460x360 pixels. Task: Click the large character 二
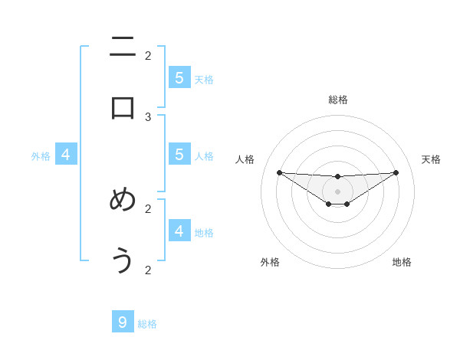[x=123, y=47]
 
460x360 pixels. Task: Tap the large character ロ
[x=123, y=108]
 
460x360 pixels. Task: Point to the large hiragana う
[x=123, y=260]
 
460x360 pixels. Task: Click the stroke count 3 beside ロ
[x=148, y=116]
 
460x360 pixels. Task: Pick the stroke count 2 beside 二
[x=148, y=55]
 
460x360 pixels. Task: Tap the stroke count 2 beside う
[x=148, y=270]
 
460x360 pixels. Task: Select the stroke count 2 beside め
[x=148, y=208]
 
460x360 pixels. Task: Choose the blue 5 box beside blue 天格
[x=179, y=77]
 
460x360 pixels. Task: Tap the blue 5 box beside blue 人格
[x=179, y=154]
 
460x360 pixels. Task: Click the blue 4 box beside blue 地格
[x=179, y=231]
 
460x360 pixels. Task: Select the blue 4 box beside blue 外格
[x=66, y=154]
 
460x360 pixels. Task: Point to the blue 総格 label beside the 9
[x=147, y=324]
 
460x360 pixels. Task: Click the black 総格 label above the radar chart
[x=337, y=100]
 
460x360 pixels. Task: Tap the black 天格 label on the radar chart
[x=431, y=159]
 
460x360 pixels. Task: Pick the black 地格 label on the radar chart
[x=402, y=262]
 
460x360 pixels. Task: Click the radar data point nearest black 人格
[x=279, y=172]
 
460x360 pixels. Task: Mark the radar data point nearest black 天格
[x=396, y=172]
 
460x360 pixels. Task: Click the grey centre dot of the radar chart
[x=337, y=191]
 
